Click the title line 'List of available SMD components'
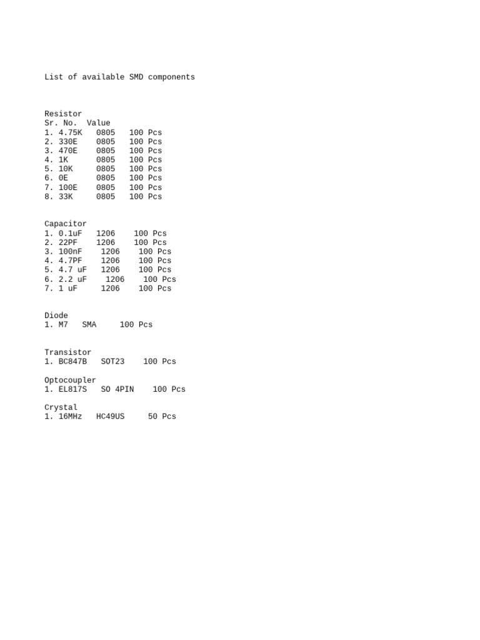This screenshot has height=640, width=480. coord(119,77)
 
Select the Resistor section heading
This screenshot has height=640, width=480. coord(63,114)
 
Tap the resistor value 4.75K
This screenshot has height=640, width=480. coord(70,132)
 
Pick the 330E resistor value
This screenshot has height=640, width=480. coord(68,142)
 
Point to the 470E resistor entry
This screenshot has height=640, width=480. coord(68,151)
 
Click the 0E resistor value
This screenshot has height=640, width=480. coord(63,178)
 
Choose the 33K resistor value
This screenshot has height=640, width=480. coord(66,196)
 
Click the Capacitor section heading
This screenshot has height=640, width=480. coord(66,224)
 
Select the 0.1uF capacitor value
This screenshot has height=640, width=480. coord(70,233)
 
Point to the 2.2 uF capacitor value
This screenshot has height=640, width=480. coord(72,279)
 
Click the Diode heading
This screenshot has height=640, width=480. coord(56,316)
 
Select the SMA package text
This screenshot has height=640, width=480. coord(89,325)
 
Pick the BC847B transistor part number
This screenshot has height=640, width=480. coord(72,361)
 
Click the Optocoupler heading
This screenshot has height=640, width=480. coord(70,380)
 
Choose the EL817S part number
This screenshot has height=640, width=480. coord(72,389)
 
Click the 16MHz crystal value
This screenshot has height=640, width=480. coord(70,416)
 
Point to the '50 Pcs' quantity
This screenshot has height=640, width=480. coord(162,416)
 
